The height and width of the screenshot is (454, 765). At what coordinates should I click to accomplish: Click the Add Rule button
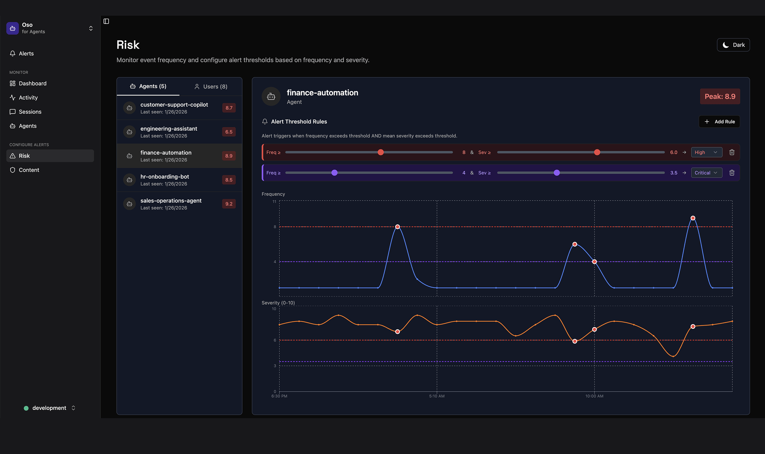(x=719, y=122)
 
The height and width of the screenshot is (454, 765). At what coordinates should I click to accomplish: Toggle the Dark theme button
(x=733, y=45)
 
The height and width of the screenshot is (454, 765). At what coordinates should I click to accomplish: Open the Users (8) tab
(x=211, y=87)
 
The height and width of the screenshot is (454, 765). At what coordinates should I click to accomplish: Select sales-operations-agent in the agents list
(x=171, y=204)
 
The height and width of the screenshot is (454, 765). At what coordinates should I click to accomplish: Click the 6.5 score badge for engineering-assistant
(x=229, y=132)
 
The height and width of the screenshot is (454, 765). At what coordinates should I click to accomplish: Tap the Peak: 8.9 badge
(x=719, y=97)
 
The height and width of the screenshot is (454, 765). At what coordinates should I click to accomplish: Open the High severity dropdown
(x=706, y=152)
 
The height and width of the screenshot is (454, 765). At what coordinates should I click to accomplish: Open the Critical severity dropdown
(x=706, y=173)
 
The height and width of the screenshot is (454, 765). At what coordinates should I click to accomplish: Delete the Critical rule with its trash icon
(x=732, y=173)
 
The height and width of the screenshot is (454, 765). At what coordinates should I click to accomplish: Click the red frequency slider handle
(x=381, y=152)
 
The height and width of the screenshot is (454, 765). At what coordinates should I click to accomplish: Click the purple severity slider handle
(x=557, y=173)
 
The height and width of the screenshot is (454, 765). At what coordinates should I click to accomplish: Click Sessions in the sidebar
(x=30, y=112)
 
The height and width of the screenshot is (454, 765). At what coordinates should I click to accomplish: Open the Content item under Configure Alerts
(x=29, y=170)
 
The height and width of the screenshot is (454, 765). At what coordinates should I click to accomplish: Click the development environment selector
(x=49, y=408)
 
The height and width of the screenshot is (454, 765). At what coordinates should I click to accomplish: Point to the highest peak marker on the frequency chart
(x=693, y=218)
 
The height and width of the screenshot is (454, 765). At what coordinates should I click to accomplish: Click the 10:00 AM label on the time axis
(x=594, y=396)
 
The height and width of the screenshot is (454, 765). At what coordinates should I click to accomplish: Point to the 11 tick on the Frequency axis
(x=275, y=202)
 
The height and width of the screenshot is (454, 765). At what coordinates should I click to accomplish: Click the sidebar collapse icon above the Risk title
(x=106, y=21)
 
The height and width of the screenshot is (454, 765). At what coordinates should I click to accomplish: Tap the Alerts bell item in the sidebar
(x=26, y=53)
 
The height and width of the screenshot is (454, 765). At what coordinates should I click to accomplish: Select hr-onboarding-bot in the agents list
(x=165, y=180)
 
